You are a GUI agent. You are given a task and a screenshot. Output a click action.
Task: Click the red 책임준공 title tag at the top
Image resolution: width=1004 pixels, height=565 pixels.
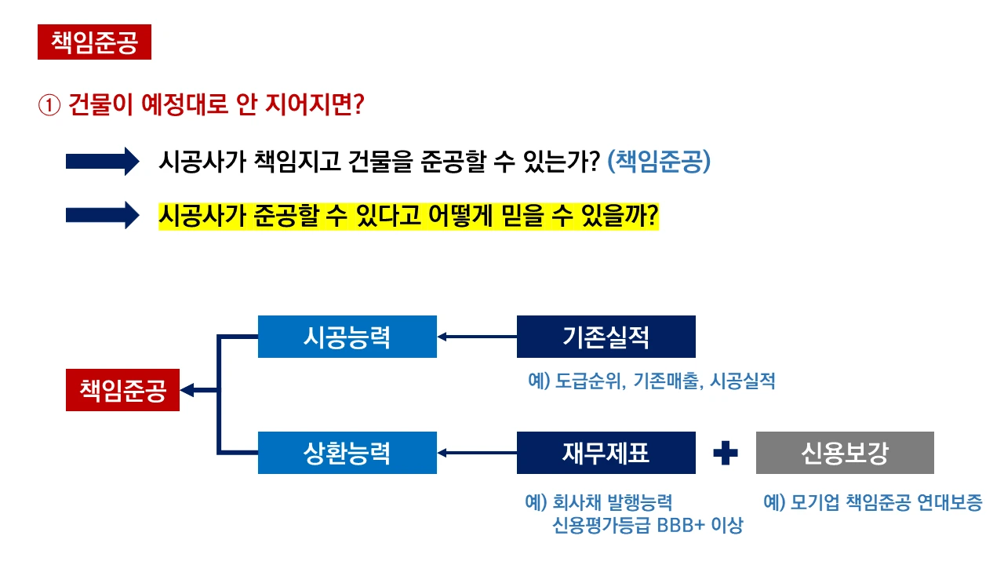[x=94, y=42]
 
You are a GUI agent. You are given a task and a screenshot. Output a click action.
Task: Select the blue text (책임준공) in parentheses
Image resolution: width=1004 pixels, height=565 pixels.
[x=659, y=162]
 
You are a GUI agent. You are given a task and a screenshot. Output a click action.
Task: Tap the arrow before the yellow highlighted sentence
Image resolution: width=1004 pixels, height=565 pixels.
[x=102, y=215]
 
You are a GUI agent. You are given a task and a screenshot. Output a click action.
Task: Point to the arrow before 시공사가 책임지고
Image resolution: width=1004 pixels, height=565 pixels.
[x=102, y=162]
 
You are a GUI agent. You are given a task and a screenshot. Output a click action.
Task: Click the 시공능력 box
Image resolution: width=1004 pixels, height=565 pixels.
[x=347, y=337]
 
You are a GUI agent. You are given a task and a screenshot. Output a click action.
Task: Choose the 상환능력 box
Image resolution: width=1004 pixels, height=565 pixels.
[x=347, y=453]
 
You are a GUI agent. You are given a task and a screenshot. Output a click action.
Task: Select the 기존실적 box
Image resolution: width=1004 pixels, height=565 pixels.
[x=606, y=337]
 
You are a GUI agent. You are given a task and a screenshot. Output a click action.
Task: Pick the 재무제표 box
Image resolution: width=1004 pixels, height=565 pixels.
[x=606, y=453]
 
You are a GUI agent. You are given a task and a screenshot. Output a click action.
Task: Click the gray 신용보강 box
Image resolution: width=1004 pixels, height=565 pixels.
[x=845, y=453]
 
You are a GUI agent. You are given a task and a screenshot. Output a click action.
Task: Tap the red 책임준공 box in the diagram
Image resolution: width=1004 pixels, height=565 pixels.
[x=122, y=390]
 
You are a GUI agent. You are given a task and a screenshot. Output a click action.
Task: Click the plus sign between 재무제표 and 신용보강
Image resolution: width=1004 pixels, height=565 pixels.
[x=726, y=453]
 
